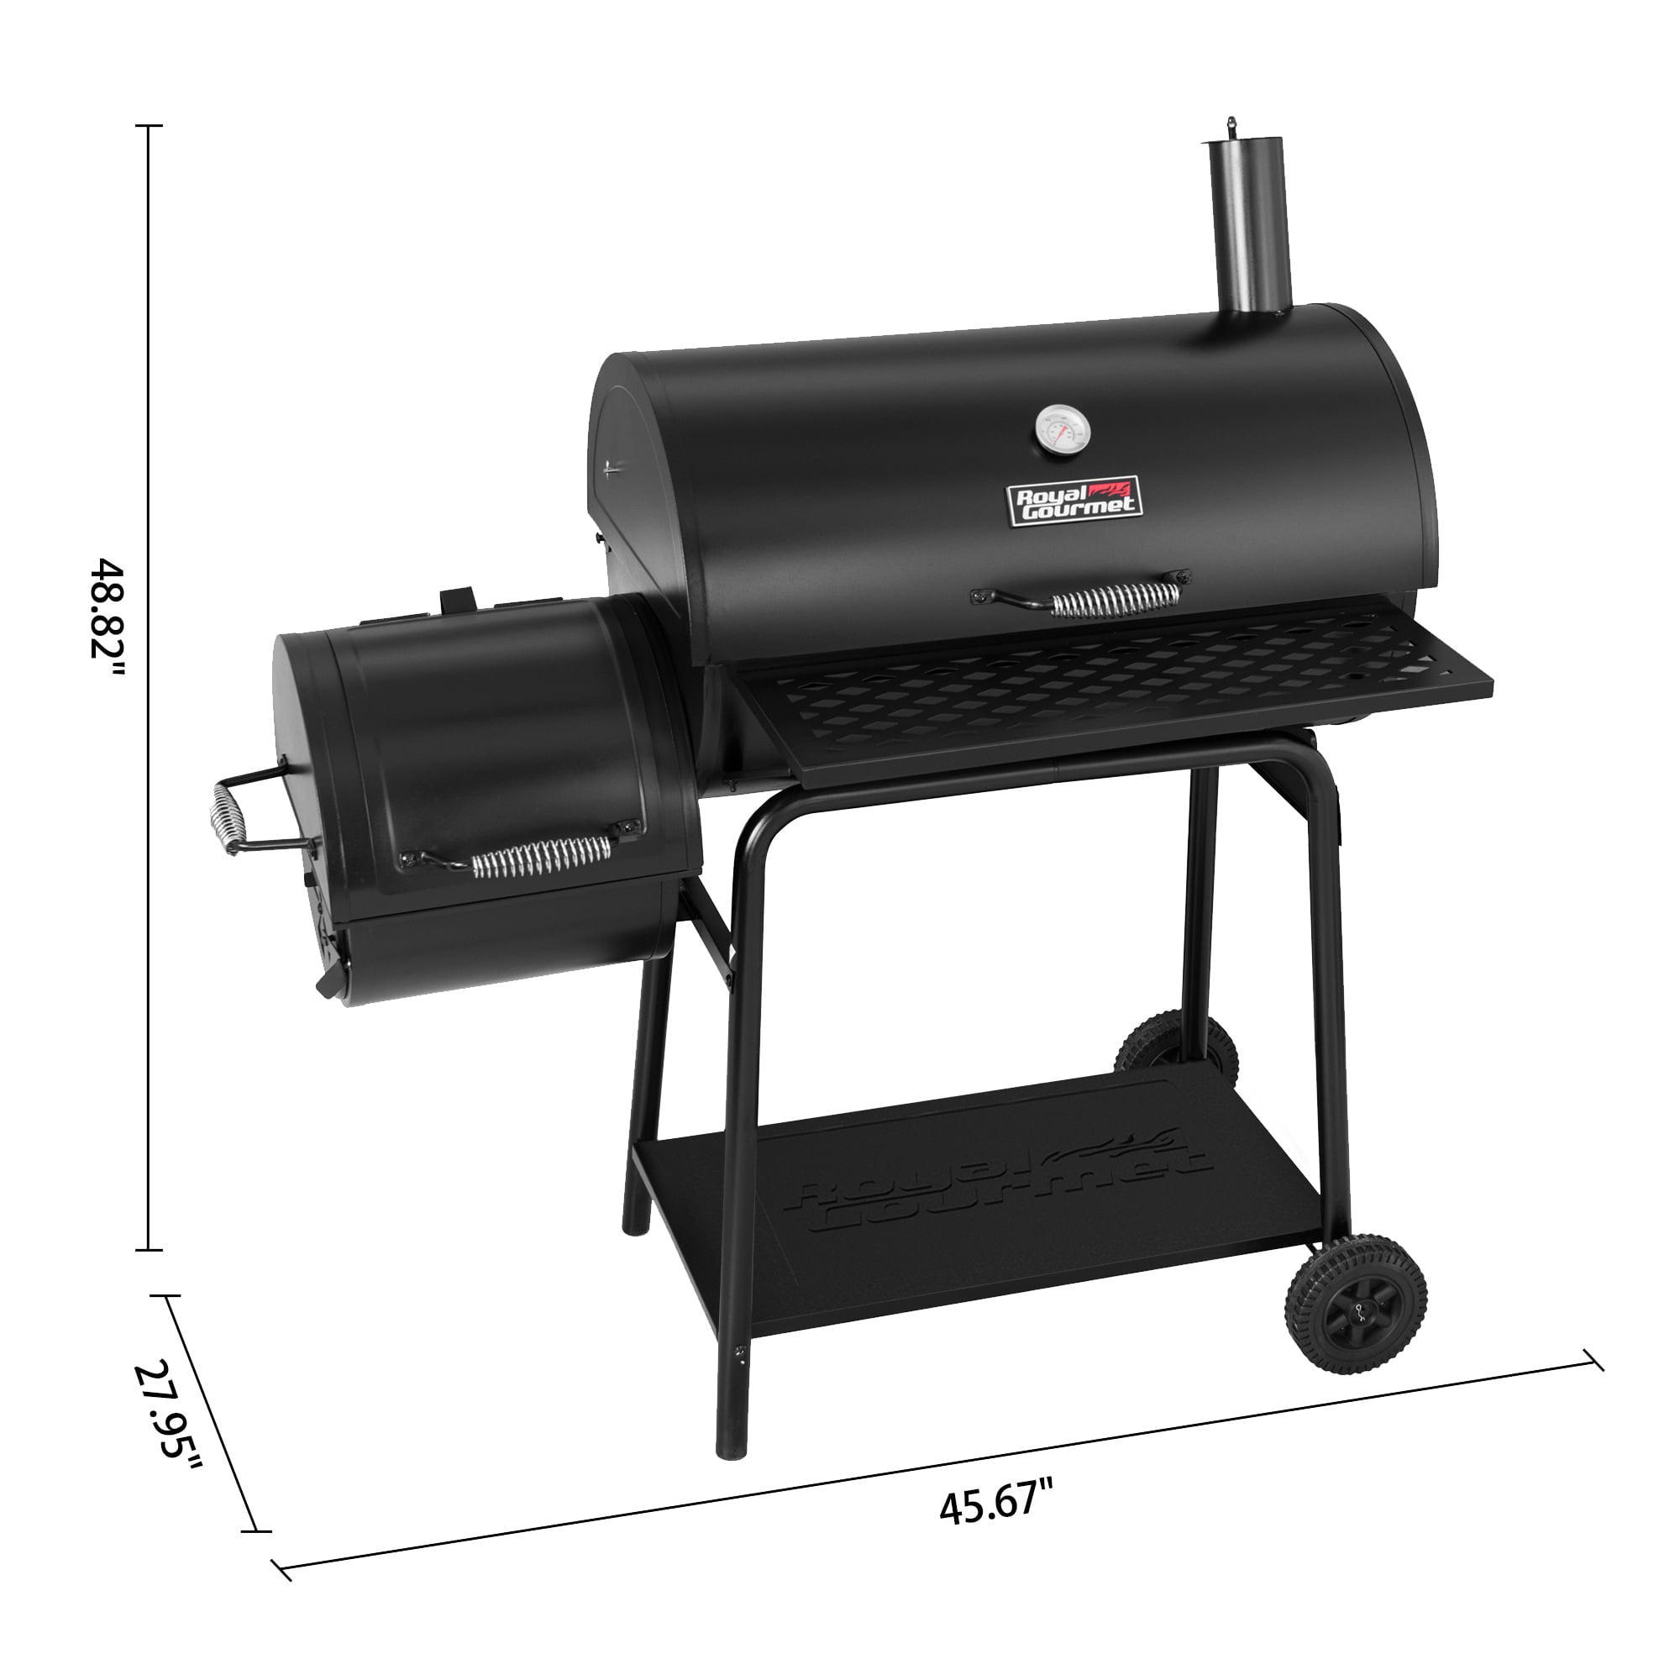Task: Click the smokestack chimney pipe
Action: pos(1249,230)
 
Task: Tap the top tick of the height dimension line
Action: pos(149,126)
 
